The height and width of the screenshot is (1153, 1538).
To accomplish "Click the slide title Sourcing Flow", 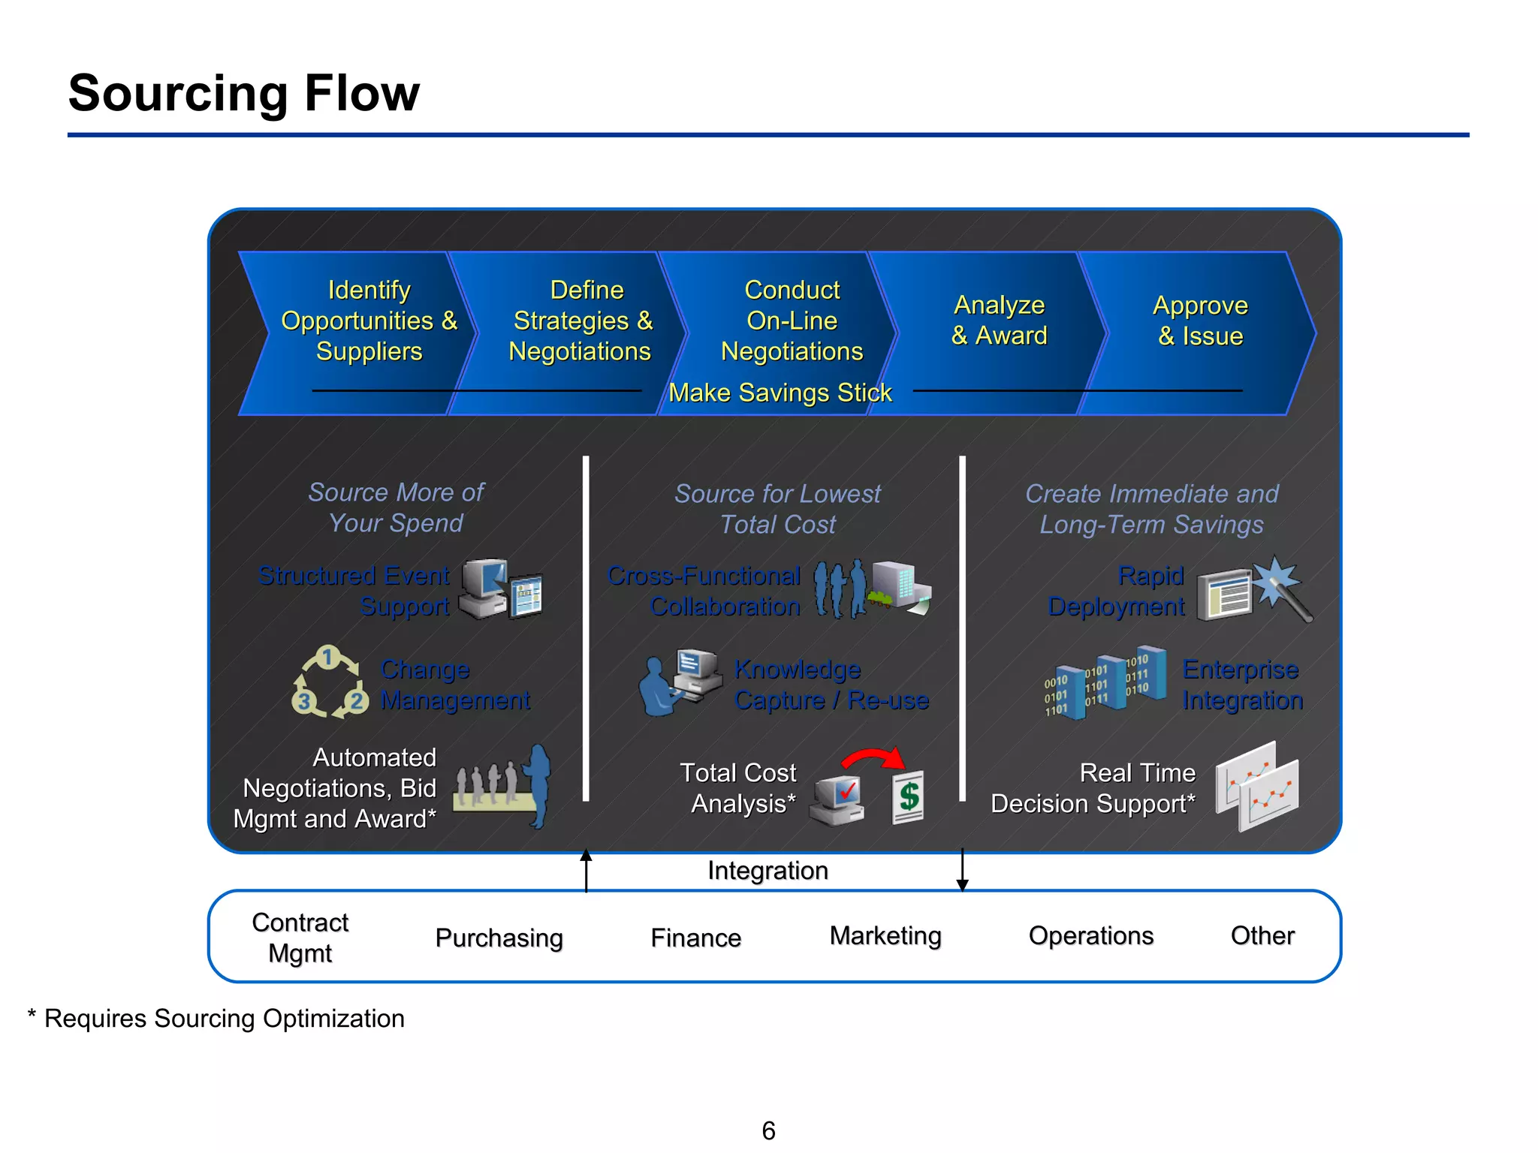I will click(x=243, y=93).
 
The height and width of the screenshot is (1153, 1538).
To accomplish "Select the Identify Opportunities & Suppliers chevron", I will click(x=368, y=321).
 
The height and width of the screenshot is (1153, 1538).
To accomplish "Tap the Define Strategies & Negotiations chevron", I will click(x=581, y=321).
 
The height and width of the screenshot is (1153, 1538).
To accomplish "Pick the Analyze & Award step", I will click(x=999, y=321).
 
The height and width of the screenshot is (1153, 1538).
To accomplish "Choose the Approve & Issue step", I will click(x=1200, y=321).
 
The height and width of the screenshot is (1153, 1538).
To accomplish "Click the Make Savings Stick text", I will click(x=780, y=393).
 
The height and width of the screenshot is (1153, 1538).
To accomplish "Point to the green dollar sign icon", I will click(x=909, y=796).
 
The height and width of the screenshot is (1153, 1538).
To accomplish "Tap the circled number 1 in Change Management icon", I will click(x=327, y=658).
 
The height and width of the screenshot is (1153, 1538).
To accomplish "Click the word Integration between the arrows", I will click(x=767, y=871).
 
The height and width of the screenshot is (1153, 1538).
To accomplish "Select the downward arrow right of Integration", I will click(x=962, y=871).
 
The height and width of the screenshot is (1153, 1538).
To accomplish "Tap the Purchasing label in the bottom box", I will click(x=499, y=938).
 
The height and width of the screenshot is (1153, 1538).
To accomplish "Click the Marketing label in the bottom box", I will click(x=885, y=936).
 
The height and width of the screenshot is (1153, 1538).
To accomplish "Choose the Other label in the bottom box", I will click(x=1262, y=936).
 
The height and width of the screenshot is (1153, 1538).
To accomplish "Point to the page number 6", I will click(x=768, y=1130).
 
